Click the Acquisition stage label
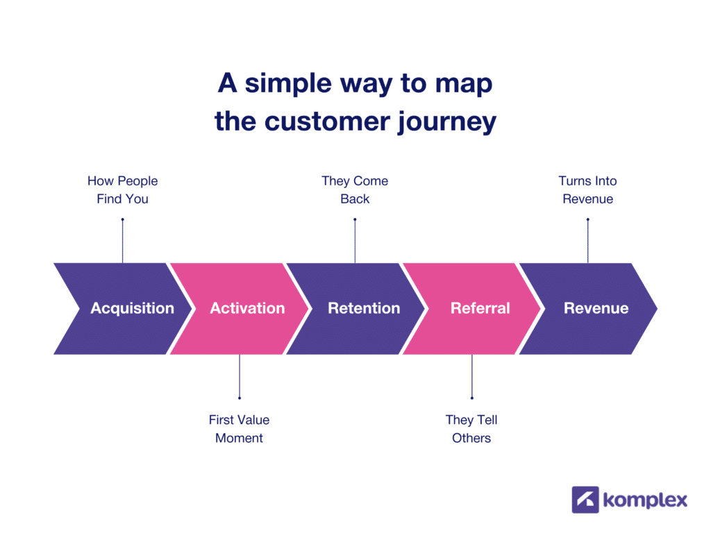pos(132,308)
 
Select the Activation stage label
pos(247,308)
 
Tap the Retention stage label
pos(364,308)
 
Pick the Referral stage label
pos(480,308)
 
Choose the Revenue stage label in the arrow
pos(596,308)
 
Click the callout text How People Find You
pos(122,189)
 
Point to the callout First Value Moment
pos(239,428)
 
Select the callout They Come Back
pos(355,189)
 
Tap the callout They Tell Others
pos(471,428)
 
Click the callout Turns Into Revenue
pos(587,189)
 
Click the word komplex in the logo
pos(646,500)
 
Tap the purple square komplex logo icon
pos(585,500)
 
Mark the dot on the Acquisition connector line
pos(122,220)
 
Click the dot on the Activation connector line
pos(239,398)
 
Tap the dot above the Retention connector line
pos(355,220)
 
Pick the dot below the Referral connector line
pos(471,398)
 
